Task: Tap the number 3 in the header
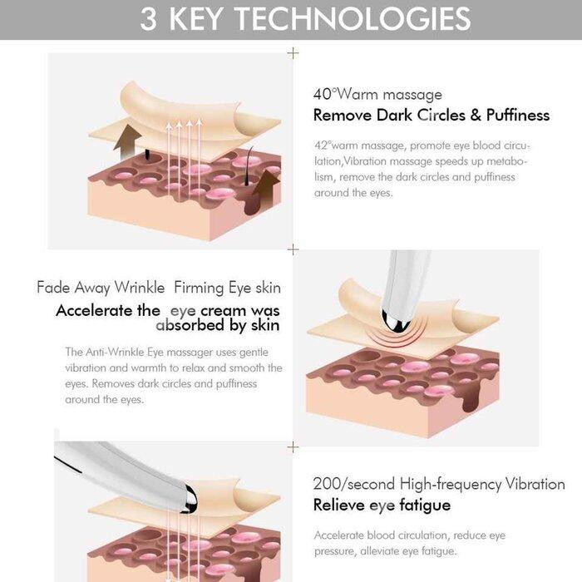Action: point(149,19)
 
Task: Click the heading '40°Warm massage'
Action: point(377,94)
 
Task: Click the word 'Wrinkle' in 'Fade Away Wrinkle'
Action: point(140,288)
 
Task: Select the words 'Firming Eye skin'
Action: point(227,289)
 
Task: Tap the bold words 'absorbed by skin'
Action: point(218,326)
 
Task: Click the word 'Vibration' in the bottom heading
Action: point(535,484)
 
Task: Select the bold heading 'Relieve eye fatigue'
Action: point(382,506)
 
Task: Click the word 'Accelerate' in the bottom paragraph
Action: point(339,535)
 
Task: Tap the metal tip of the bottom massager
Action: point(189,499)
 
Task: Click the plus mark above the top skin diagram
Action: point(293,53)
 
